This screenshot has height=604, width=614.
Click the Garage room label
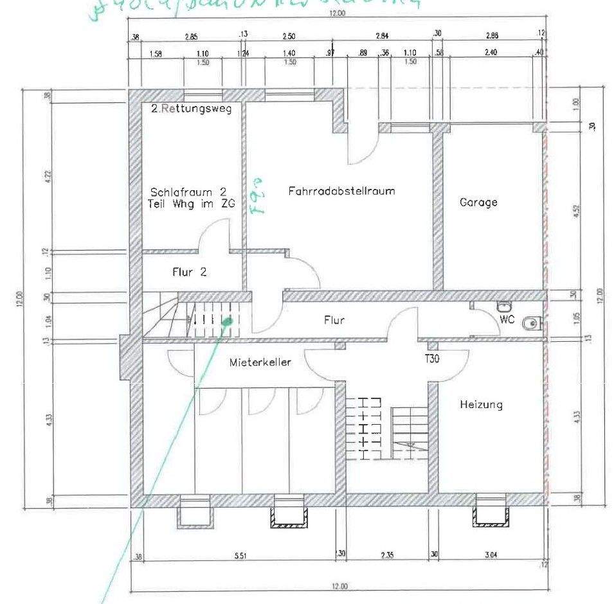[x=478, y=202]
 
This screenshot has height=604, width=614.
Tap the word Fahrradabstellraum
[x=341, y=191]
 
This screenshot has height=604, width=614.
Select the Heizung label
[x=481, y=405]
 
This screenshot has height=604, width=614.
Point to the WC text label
[x=507, y=319]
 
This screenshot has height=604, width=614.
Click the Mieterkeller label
[x=260, y=362]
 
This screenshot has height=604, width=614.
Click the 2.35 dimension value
[x=386, y=554]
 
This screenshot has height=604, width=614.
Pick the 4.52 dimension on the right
[x=576, y=211]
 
